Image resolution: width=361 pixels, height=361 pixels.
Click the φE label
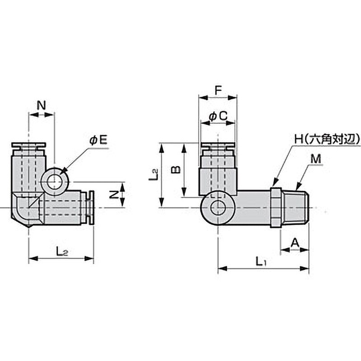(x=99, y=141)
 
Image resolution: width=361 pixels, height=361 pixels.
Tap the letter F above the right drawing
(x=218, y=90)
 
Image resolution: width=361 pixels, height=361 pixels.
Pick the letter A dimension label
(x=295, y=243)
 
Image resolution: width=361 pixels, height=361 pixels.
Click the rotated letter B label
(x=176, y=169)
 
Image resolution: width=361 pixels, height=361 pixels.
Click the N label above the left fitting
(x=41, y=106)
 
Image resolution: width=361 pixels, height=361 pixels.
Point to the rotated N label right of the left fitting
(x=115, y=194)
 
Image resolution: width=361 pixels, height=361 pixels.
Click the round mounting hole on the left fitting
(x=55, y=181)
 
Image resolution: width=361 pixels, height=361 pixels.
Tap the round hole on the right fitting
(x=218, y=208)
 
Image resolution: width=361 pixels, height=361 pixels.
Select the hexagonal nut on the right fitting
(x=276, y=208)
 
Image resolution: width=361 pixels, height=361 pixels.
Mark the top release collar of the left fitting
(x=28, y=145)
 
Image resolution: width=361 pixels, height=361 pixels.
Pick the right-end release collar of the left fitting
(x=91, y=208)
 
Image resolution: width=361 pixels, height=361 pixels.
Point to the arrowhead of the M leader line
(x=297, y=187)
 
